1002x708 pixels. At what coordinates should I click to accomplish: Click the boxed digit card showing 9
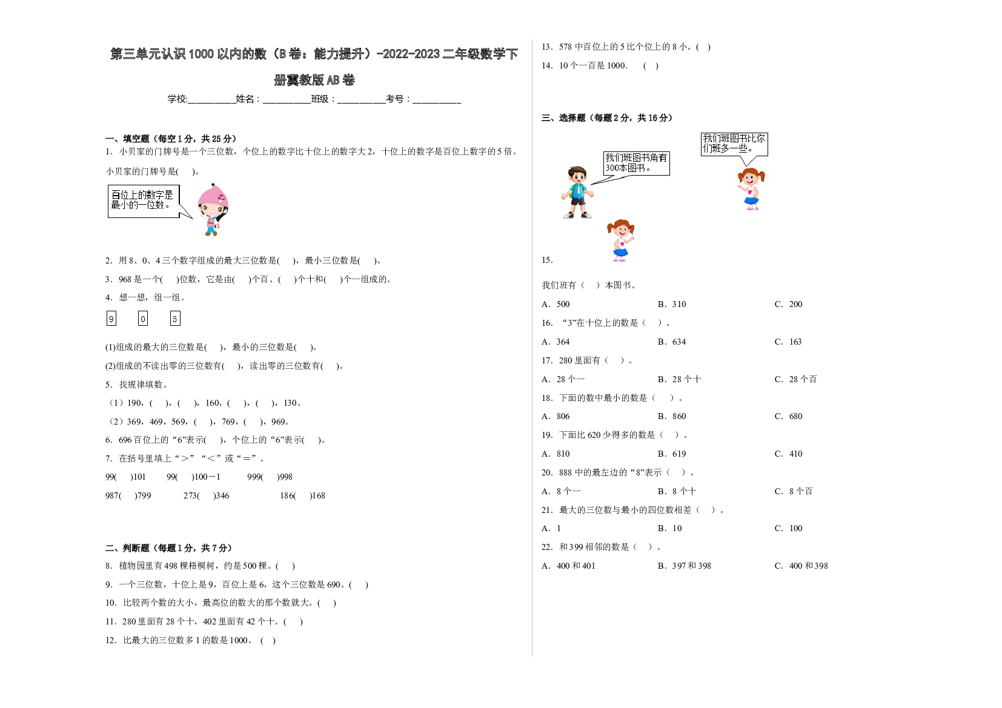tap(111, 319)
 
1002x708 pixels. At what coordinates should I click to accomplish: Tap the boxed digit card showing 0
tap(143, 319)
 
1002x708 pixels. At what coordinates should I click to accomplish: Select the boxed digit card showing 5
tap(175, 319)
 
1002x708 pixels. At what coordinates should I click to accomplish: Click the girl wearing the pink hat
tap(213, 210)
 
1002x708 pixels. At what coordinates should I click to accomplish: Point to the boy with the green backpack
tap(577, 193)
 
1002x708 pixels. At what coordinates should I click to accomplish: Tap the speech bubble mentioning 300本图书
tap(635, 164)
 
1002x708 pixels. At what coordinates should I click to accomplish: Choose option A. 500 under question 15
tap(556, 304)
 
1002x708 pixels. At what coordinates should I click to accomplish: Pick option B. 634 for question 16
tap(671, 342)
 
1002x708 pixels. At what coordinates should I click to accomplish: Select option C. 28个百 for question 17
tap(796, 379)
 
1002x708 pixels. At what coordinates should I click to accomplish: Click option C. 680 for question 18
tap(789, 417)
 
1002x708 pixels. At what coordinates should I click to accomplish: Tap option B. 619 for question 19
tap(671, 454)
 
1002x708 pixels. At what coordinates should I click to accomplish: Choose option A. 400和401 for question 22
tap(568, 566)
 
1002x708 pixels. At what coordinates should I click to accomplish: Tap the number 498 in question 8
tap(171, 566)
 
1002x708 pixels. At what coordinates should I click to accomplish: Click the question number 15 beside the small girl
tap(547, 260)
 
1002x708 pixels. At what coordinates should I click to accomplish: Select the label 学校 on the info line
tap(177, 99)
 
